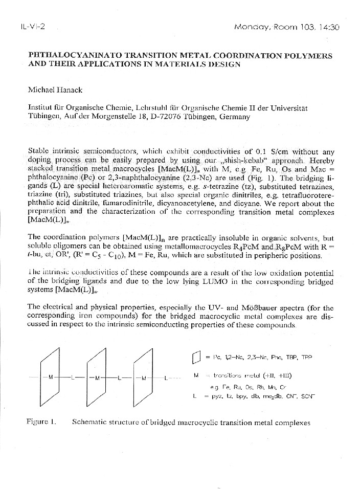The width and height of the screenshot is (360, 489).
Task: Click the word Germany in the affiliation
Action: click(235, 117)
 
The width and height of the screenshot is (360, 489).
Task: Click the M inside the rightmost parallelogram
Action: click(144, 379)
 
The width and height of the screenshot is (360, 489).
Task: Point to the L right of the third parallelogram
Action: click(167, 379)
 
